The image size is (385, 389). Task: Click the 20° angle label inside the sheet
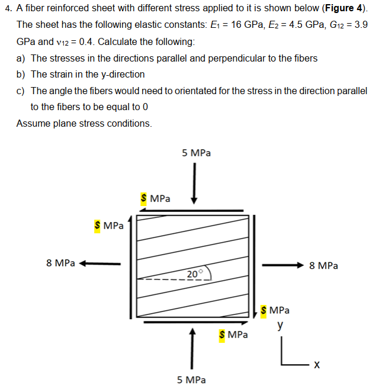point(194,274)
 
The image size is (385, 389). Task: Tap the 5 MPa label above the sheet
point(196,153)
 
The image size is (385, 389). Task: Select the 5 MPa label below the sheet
point(191,380)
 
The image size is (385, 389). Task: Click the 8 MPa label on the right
point(324,266)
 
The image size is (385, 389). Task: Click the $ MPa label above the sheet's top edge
point(155,198)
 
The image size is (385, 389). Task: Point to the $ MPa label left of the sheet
point(109,226)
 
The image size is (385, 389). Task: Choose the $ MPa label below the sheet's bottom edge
point(233,335)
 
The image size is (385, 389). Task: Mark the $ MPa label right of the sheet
point(275,310)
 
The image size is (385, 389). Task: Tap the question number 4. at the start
point(8,9)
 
